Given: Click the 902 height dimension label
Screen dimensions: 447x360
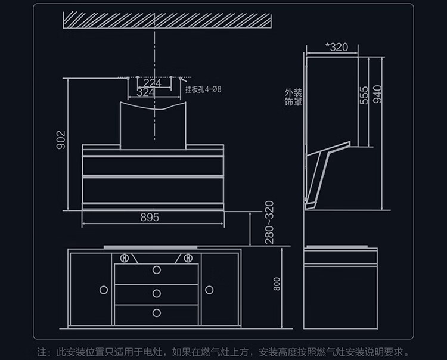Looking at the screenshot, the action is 61,140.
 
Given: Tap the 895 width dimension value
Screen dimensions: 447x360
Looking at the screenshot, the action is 150,218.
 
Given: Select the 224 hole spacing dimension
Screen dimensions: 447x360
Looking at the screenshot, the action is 152,83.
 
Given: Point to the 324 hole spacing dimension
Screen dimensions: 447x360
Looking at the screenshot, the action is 145,92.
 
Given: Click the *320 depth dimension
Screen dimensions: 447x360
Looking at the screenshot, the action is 337,47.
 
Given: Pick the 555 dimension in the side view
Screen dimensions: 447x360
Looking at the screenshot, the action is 364,95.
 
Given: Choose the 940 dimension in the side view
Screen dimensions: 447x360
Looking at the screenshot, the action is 377,94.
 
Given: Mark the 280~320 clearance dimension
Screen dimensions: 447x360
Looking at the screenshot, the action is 269,222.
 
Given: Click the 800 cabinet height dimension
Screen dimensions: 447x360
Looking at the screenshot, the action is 277,284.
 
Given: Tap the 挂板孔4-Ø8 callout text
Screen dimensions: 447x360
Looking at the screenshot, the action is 203,89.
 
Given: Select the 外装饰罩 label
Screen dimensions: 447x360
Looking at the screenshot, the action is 293,97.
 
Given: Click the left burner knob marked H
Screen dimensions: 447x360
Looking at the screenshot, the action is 125,258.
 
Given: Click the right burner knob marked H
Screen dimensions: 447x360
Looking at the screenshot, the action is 188,258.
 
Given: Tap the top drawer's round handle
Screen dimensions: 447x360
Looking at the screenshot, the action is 157,270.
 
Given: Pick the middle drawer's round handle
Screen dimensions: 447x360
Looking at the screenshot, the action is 157,293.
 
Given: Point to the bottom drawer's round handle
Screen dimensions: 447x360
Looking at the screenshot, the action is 157,313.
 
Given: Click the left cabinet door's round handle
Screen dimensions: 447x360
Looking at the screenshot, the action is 104,290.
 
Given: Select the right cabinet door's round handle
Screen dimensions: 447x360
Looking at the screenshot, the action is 209,290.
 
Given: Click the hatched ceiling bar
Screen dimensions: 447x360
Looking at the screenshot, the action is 167,20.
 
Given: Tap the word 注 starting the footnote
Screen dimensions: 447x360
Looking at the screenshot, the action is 42,352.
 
